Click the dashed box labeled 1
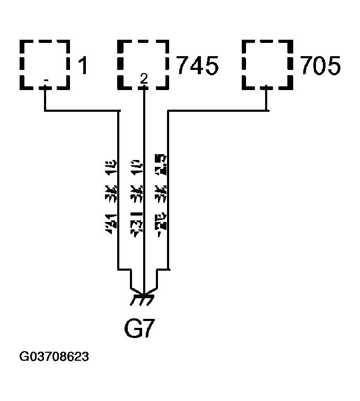point(45,64)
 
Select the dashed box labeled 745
point(143,64)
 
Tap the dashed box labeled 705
point(267,64)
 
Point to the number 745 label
point(197,67)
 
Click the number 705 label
point(321,67)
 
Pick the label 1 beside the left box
point(83,67)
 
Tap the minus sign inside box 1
point(46,81)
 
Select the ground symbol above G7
point(143,299)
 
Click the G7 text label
point(139,329)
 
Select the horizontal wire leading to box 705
point(217,111)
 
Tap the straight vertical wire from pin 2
point(144,185)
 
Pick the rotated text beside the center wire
point(135,196)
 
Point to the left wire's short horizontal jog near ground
point(125,270)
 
